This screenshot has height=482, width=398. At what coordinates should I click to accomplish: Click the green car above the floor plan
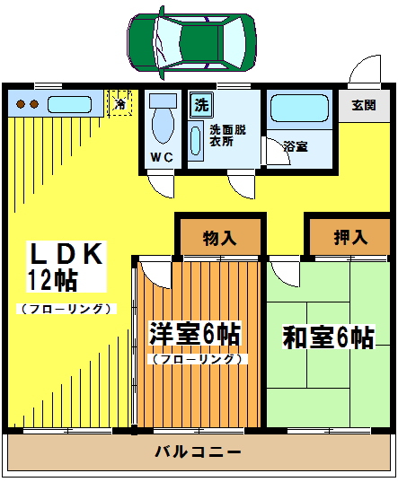191,42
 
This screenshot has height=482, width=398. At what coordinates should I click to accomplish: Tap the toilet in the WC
163,118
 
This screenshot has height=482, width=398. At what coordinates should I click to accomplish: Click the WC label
162,157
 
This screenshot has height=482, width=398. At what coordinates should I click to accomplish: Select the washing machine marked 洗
201,105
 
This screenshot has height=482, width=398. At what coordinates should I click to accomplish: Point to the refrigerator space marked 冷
119,103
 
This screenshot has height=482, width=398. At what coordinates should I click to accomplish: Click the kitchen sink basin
69,104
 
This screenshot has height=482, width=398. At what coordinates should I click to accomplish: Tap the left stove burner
21,104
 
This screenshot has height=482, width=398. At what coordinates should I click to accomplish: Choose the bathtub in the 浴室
299,108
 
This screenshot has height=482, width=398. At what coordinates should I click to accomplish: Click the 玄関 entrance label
364,105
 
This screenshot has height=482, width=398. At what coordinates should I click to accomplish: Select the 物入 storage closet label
219,238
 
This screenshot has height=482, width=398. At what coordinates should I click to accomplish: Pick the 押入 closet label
350,237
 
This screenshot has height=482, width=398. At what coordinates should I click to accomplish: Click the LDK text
66,254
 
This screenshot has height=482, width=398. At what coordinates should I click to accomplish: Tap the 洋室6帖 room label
194,334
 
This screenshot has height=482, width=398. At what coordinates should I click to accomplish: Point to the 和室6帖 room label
329,337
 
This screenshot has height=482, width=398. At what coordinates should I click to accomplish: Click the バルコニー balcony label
198,451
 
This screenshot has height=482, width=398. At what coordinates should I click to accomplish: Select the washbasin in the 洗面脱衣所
196,141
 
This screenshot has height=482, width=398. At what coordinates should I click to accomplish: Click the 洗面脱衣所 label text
227,136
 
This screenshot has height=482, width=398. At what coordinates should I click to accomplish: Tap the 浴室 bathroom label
296,146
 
